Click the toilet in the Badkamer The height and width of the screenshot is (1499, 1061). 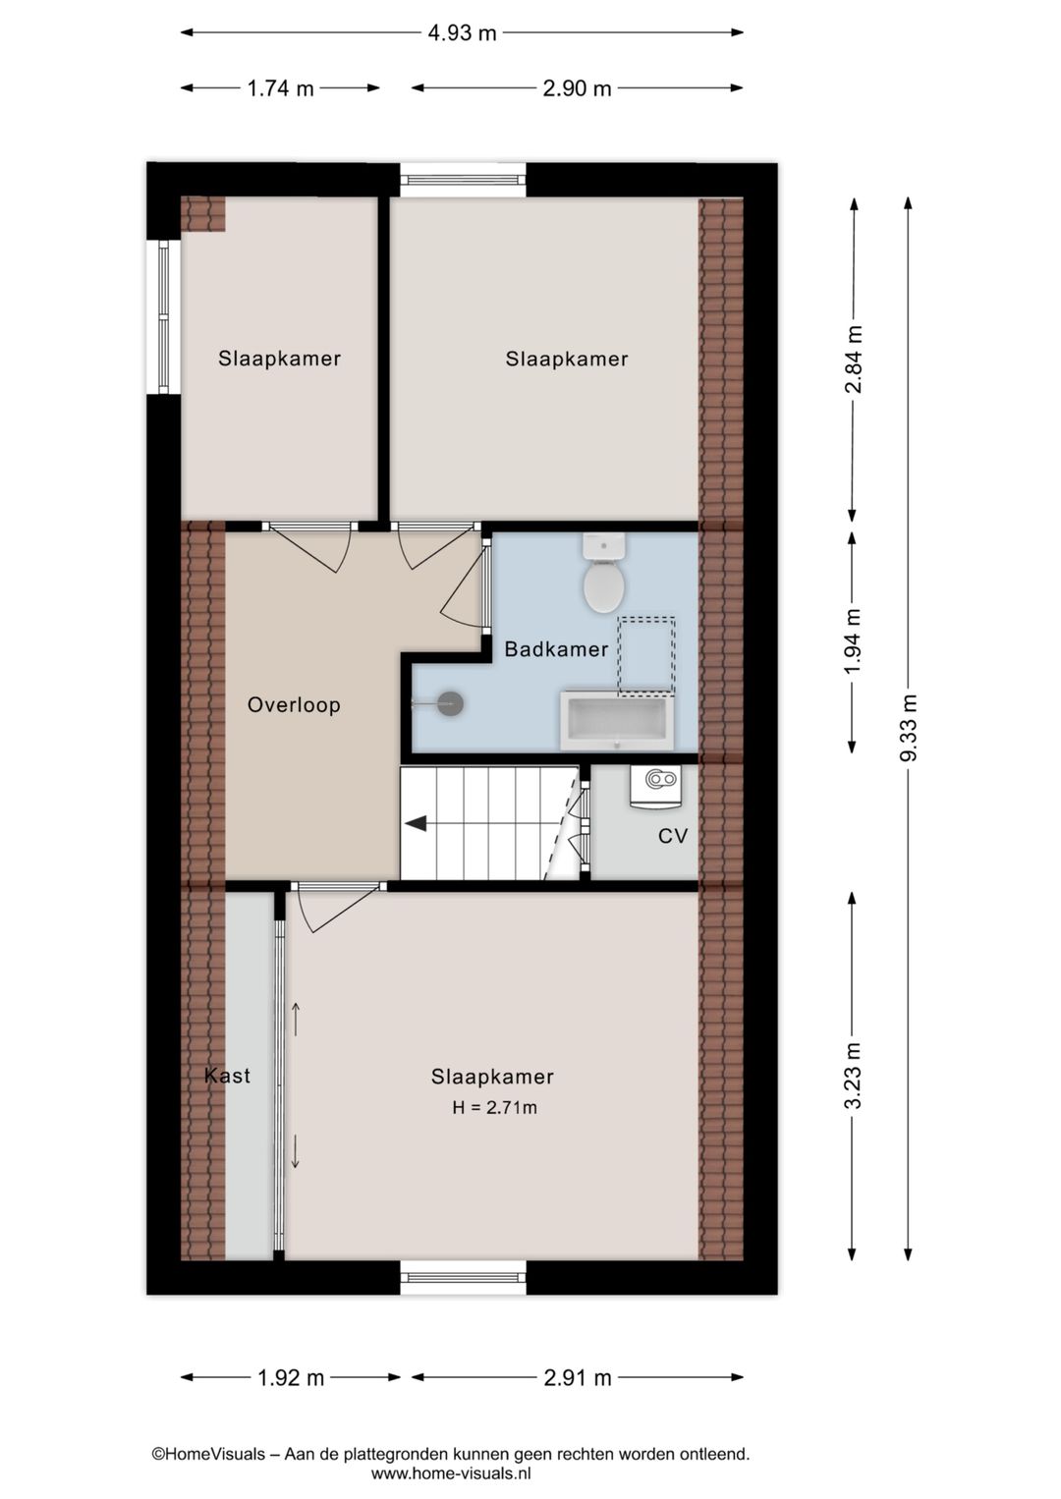coord(603,576)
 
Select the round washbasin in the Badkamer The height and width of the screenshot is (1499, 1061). coord(449,703)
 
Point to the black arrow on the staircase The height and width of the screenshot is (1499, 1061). coord(417,823)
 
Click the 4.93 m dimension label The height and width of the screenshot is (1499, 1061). coord(462,32)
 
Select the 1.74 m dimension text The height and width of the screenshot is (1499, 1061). coord(280,88)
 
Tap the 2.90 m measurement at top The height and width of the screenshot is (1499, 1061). coord(577,88)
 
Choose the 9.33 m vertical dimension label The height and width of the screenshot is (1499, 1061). coord(909,727)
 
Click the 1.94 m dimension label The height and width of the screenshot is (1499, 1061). coord(853,641)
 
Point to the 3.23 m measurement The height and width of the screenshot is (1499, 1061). coord(853,1076)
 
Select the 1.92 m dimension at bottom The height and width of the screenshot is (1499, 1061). coord(291,1377)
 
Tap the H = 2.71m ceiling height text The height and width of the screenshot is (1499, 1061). coord(494,1108)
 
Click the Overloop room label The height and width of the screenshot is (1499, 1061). coord(294,704)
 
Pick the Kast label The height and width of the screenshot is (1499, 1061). coord(227,1076)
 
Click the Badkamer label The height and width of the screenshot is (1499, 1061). coord(556,649)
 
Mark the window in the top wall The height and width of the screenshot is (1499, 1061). coord(463,180)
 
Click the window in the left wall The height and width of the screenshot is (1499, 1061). coord(163,316)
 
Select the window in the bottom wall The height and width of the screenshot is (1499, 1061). coord(463,1277)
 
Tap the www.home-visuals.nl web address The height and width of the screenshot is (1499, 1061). coord(451,1473)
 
